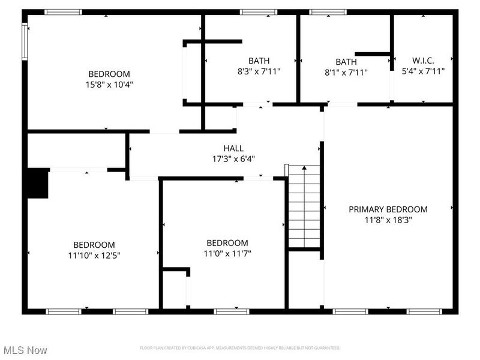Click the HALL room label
[233, 148]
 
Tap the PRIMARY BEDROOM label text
[388, 209]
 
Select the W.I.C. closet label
[423, 60]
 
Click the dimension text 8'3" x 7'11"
[259, 71]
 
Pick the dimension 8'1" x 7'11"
[346, 73]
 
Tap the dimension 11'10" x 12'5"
[94, 255]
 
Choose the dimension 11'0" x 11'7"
[227, 253]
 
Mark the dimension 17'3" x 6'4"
[233, 159]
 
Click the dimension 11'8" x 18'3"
[388, 220]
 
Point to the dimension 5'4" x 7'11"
[423, 71]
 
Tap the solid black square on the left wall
[37, 183]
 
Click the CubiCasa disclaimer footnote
[240, 348]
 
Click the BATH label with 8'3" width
[259, 61]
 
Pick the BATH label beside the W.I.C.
[346, 62]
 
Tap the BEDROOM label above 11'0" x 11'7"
[227, 243]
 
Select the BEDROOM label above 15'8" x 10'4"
[110, 74]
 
